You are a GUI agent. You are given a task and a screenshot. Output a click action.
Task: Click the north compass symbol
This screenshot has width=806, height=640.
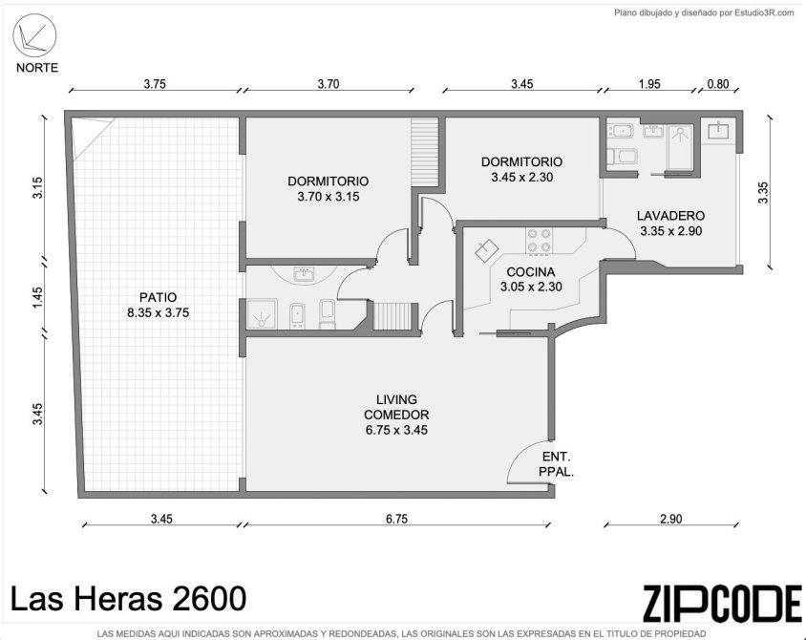pyautogui.click(x=34, y=35)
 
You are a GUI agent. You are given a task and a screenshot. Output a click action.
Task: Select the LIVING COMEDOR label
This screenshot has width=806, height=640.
pyautogui.click(x=396, y=415)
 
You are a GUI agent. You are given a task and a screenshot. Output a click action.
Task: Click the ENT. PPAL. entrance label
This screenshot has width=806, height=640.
pyautogui.click(x=556, y=463)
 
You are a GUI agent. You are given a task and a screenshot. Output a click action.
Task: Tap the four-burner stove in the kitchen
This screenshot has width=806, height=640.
pyautogui.click(x=540, y=241)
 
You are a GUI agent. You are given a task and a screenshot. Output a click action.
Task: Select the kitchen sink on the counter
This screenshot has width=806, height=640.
pyautogui.click(x=487, y=250)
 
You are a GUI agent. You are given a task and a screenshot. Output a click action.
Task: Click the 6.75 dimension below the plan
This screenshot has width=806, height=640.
pyautogui.click(x=397, y=519)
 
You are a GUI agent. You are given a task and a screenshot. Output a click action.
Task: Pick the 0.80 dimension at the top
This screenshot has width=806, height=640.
pyautogui.click(x=718, y=84)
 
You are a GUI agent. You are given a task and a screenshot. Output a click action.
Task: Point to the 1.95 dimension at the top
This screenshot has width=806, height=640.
pyautogui.click(x=649, y=84)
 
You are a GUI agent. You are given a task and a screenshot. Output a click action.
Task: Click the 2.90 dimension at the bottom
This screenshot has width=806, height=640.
pyautogui.click(x=670, y=519)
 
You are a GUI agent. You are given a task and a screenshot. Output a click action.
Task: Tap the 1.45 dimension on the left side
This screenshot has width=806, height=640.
pyautogui.click(x=37, y=298)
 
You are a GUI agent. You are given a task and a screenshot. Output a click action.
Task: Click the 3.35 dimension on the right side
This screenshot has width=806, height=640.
pyautogui.click(x=763, y=193)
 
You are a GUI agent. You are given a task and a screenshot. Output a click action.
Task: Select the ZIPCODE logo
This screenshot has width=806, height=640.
pyautogui.click(x=722, y=603)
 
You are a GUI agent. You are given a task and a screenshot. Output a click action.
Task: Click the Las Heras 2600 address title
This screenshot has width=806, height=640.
pyautogui.click(x=129, y=599)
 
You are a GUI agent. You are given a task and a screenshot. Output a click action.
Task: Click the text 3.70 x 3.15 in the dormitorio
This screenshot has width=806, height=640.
pyautogui.click(x=328, y=197)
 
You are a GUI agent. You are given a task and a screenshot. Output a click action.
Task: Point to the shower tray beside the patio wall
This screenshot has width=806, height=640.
pyautogui.click(x=263, y=314)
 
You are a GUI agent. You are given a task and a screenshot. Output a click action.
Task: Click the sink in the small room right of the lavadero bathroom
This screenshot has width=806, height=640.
pyautogui.click(x=717, y=129)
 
